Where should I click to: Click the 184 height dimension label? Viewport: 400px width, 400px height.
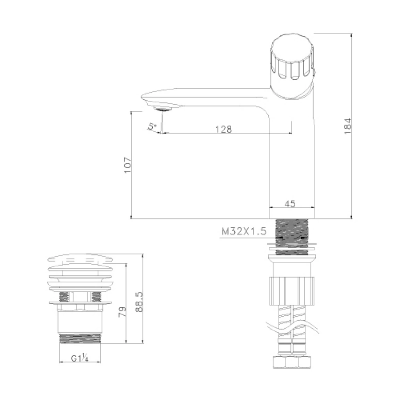point(348,126)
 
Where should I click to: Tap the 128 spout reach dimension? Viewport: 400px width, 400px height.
point(224,129)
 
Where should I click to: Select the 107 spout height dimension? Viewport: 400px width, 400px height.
point(128,165)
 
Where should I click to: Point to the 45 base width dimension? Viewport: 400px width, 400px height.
point(290,204)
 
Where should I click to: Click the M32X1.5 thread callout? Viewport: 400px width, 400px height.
point(244,231)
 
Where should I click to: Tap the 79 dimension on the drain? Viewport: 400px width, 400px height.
point(122,312)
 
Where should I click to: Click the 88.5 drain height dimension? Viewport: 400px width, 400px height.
point(139,302)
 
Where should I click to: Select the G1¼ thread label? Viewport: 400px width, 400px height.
point(80,358)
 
